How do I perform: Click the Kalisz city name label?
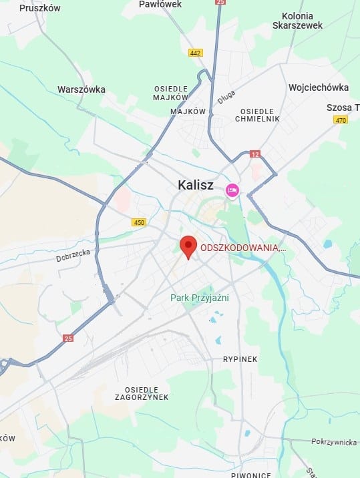pyautogui.click(x=195, y=185)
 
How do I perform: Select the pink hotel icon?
pyautogui.click(x=232, y=190)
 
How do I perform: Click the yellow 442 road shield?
pyautogui.click(x=195, y=53)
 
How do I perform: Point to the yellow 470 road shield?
pyautogui.click(x=341, y=120)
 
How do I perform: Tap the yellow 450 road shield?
pyautogui.click(x=138, y=222)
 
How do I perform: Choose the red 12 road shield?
pyautogui.click(x=254, y=154)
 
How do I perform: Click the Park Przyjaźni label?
pyautogui.click(x=199, y=298)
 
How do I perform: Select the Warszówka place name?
pyautogui.click(x=81, y=89)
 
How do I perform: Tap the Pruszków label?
pyautogui.click(x=40, y=8)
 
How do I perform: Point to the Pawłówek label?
pyautogui.click(x=160, y=4)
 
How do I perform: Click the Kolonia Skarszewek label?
pyautogui.click(x=297, y=20)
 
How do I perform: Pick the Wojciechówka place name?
pyautogui.click(x=319, y=87)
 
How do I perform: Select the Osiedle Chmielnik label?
pyautogui.click(x=257, y=115)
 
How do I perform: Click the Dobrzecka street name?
pyautogui.click(x=73, y=256)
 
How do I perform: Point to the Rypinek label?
pyautogui.click(x=240, y=359)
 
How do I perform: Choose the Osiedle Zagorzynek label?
pyautogui.click(x=146, y=393)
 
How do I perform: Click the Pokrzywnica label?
pyautogui.click(x=335, y=442)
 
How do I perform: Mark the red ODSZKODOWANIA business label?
pyautogui.click(x=243, y=248)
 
